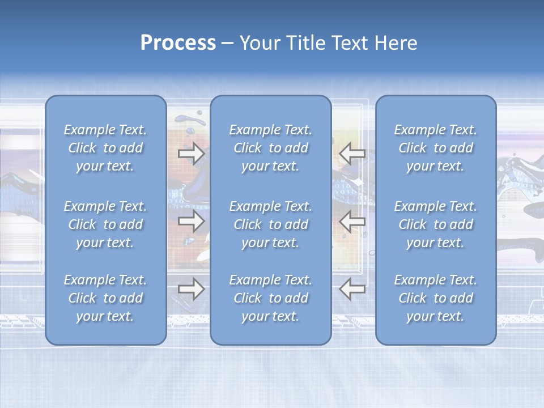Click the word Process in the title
tap(178, 43)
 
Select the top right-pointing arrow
tap(191, 154)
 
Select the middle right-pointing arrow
tap(191, 222)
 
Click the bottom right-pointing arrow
tap(191, 289)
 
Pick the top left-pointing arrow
tap(352, 154)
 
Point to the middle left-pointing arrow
tap(352, 222)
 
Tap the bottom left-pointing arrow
tap(352, 289)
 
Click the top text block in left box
tap(105, 148)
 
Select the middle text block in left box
tap(105, 224)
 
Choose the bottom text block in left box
tap(105, 298)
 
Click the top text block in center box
tap(270, 148)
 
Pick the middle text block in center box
tap(270, 224)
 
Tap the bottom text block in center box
tap(270, 298)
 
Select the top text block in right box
tap(435, 148)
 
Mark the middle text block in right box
tap(435, 224)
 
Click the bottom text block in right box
tap(435, 298)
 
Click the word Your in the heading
tap(258, 43)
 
